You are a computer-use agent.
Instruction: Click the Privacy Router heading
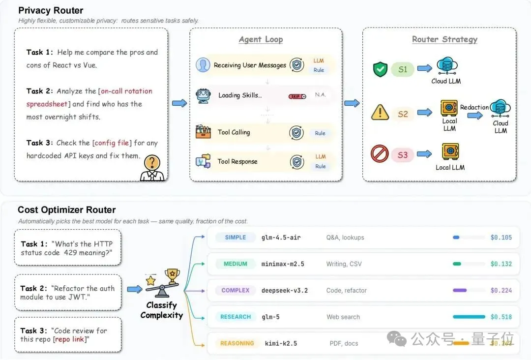(51, 10)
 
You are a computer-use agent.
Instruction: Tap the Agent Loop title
(261, 39)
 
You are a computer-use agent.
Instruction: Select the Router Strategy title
(444, 39)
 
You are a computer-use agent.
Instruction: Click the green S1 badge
(403, 69)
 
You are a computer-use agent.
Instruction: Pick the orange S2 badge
(403, 114)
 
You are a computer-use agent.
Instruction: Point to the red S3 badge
(403, 155)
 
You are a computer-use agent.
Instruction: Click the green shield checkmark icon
(380, 69)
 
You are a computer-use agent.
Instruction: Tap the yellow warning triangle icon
(380, 113)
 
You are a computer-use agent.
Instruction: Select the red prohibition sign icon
(380, 154)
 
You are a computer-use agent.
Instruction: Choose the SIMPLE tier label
(236, 238)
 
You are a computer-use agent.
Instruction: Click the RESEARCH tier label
(236, 317)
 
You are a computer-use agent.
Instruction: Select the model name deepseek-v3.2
(285, 291)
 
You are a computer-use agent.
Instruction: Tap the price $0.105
(501, 238)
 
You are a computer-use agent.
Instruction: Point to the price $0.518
(501, 317)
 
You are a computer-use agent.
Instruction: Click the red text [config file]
(112, 143)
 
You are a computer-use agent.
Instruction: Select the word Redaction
(474, 107)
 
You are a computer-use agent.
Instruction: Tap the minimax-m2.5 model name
(283, 264)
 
